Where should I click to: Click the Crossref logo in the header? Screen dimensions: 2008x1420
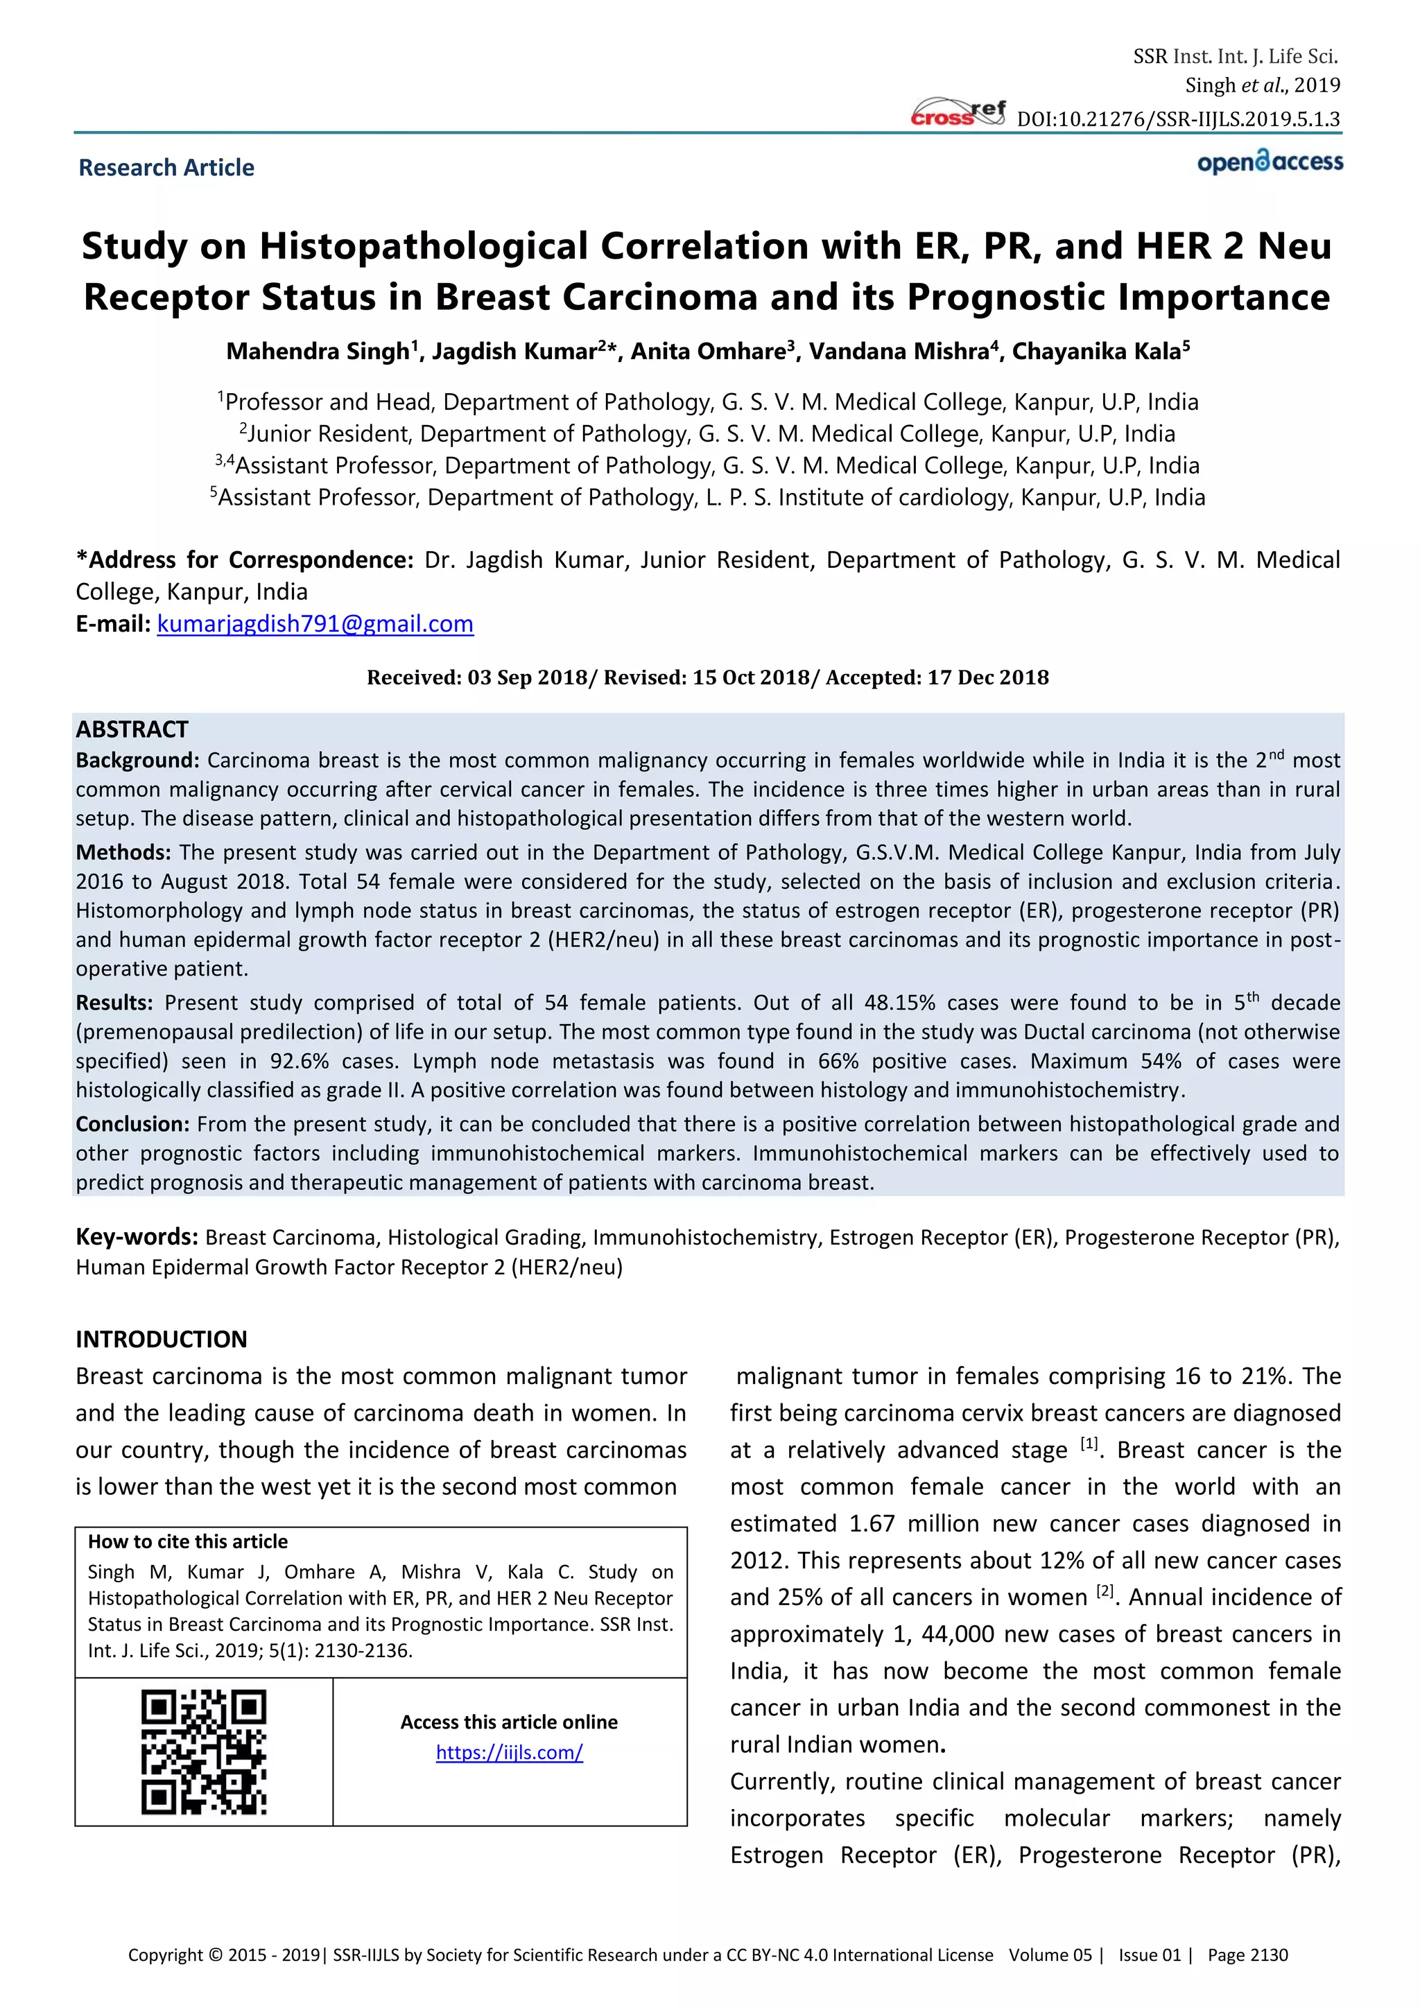[x=958, y=114]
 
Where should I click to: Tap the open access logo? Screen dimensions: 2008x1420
[x=1270, y=163]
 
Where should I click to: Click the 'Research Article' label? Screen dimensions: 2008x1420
[x=166, y=168]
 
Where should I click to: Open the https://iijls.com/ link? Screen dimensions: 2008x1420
[x=509, y=1753]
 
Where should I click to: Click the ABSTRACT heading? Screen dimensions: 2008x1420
[x=132, y=729]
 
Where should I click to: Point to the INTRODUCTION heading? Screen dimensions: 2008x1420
[x=161, y=1339]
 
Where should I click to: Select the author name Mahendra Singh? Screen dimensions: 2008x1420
[x=318, y=352]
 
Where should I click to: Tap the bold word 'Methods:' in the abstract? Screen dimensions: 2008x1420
[x=123, y=853]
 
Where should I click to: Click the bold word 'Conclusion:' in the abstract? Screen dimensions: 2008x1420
[x=132, y=1124]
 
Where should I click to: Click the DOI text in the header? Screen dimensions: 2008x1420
[x=1178, y=119]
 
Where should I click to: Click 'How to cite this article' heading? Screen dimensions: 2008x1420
[x=187, y=1542]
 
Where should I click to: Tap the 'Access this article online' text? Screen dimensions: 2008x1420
[x=509, y=1722]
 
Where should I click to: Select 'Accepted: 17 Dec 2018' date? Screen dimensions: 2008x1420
[x=937, y=678]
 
